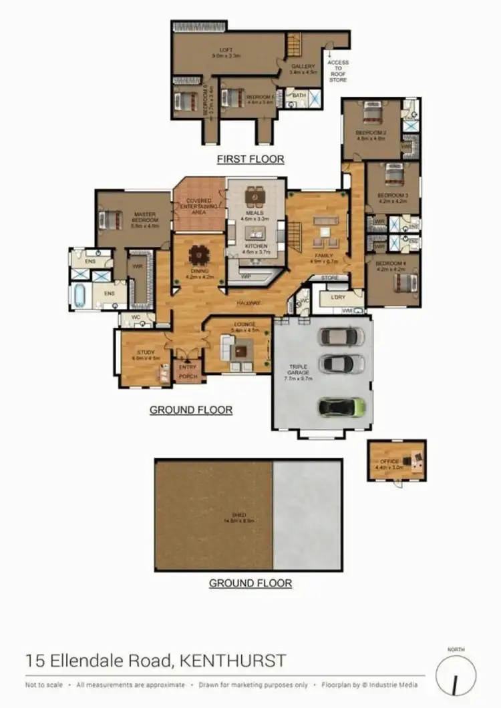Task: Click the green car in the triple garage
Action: coord(341,406)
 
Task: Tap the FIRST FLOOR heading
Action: coord(251,159)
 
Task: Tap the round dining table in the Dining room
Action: coord(198,256)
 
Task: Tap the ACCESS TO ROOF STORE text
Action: coord(338,71)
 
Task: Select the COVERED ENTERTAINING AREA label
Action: coord(199,206)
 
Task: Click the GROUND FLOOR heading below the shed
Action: coord(251,583)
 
